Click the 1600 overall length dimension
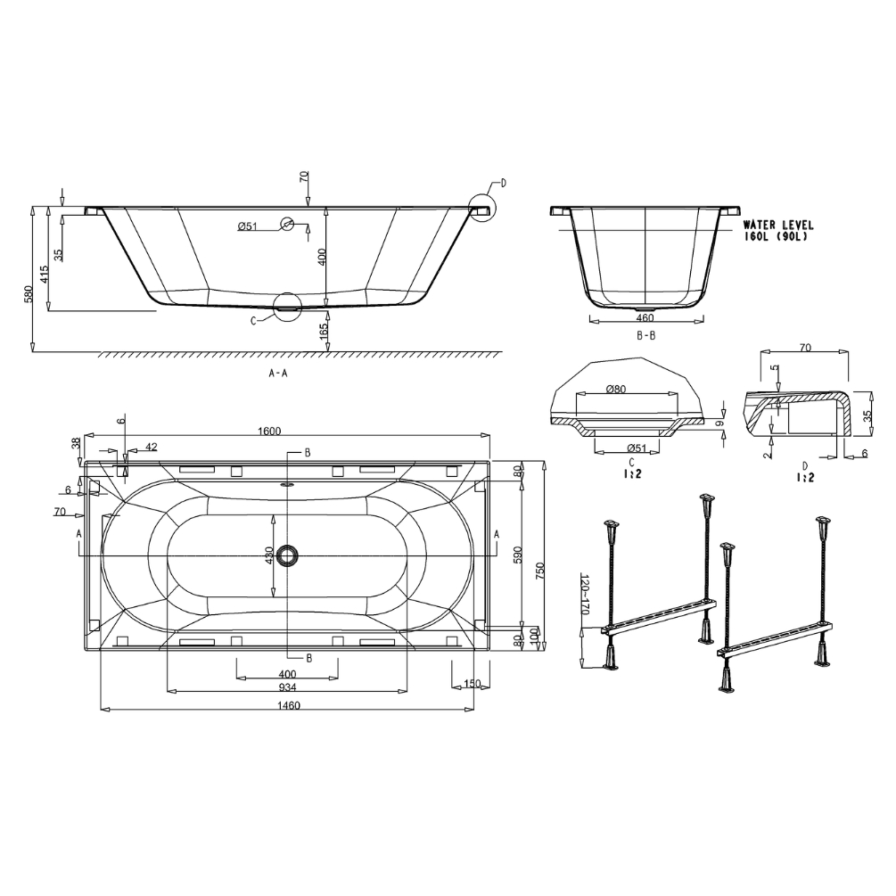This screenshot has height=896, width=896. (x=269, y=431)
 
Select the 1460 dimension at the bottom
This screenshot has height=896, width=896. (x=289, y=705)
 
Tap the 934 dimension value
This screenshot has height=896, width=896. (x=287, y=687)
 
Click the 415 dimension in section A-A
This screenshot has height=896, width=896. (x=45, y=275)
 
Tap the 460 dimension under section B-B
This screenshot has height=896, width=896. (x=645, y=317)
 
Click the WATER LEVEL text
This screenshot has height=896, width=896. (x=778, y=226)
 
